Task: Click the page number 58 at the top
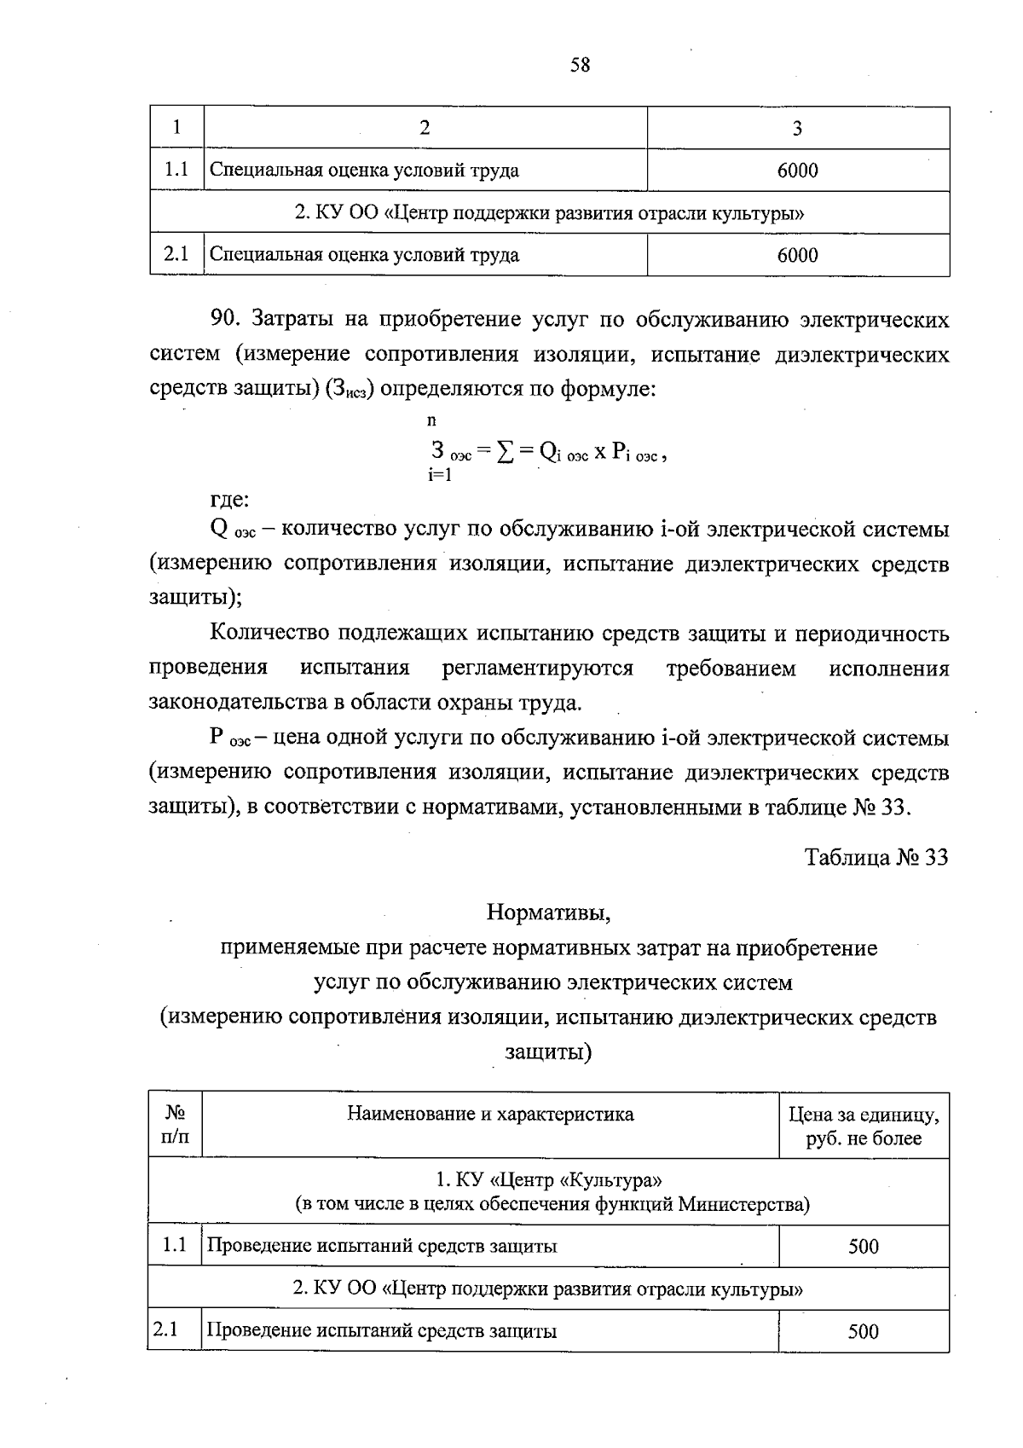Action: (580, 66)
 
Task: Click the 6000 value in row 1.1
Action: (797, 171)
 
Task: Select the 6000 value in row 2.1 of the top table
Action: (797, 255)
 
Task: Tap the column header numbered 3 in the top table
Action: (797, 128)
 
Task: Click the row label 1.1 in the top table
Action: (176, 170)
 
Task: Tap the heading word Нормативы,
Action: (549, 913)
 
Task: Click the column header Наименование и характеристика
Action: (490, 1115)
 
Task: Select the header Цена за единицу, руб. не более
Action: (864, 1127)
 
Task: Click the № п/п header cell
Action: (175, 1126)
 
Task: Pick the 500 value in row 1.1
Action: (863, 1247)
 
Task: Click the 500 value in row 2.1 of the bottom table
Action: (863, 1332)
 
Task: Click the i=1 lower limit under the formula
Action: (440, 475)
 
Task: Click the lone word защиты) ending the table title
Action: (547, 1052)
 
